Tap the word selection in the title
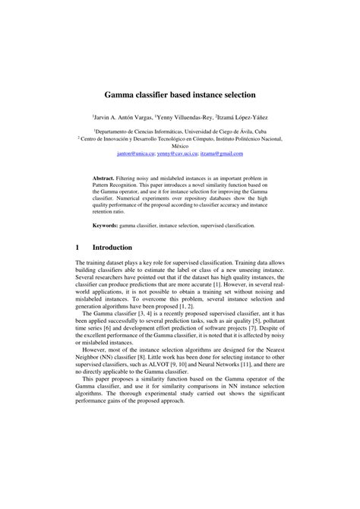235,96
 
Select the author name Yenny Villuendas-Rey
183,119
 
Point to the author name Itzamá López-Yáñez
243,119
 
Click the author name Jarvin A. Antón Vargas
122,119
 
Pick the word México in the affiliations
180,147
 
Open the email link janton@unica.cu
136,154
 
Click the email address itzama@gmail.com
221,154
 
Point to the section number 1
77,247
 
